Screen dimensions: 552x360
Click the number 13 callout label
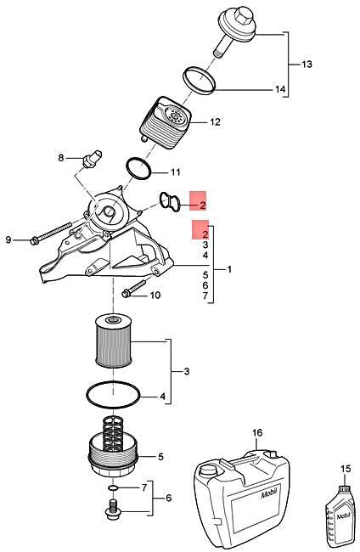[x=307, y=65]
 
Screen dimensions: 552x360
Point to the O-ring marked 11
[x=138, y=167]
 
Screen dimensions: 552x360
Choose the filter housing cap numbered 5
[x=112, y=459]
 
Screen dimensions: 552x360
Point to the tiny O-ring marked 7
[x=113, y=488]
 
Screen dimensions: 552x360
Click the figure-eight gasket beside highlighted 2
[x=168, y=202]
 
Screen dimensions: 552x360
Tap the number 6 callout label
[x=168, y=498]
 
